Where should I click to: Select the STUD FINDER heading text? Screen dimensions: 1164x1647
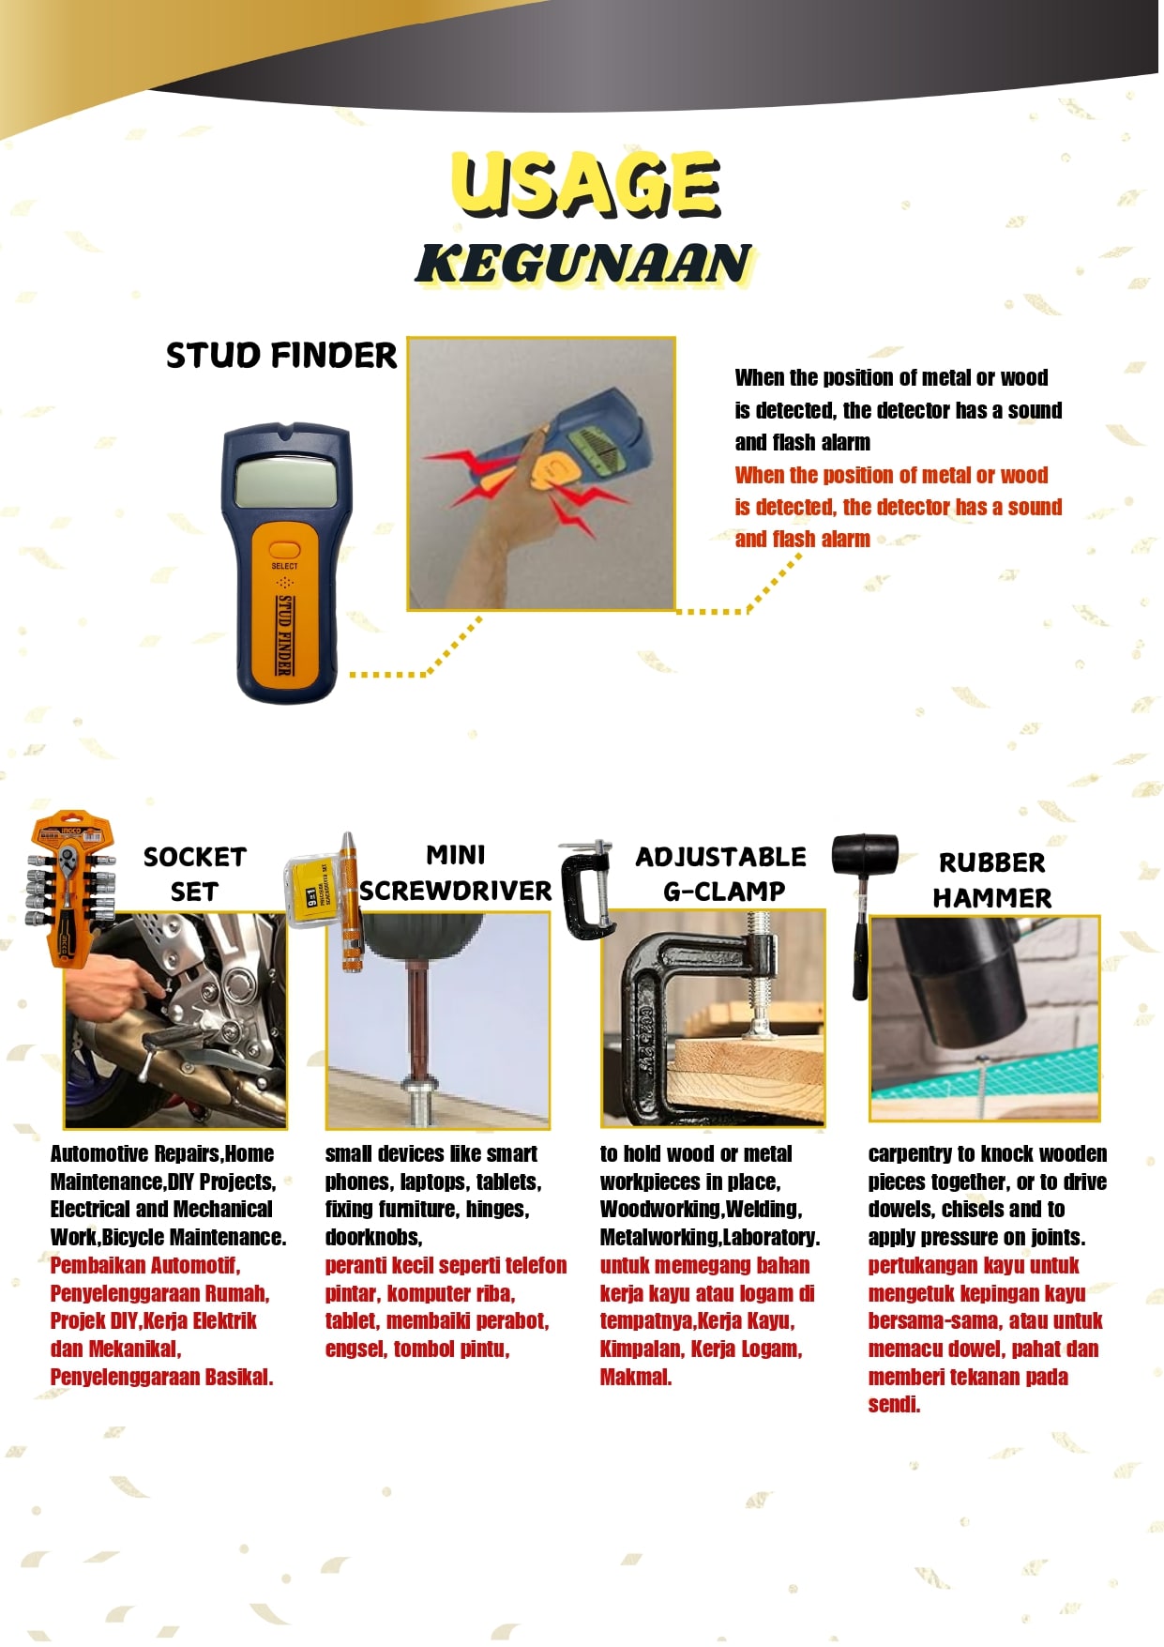pos(281,356)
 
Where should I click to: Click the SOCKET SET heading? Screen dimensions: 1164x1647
pos(195,874)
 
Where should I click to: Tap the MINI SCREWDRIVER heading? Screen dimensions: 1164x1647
pos(456,873)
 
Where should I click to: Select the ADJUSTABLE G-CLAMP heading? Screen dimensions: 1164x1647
pos(721,874)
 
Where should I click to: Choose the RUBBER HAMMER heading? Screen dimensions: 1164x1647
pos(991,880)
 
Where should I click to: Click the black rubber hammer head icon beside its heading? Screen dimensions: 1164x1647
pos(865,853)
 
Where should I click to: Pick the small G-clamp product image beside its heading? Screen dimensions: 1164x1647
pos(588,890)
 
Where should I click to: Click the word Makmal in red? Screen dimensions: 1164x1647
pos(636,1378)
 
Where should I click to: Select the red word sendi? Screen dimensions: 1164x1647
pos(894,1405)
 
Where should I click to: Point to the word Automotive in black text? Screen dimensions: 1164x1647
pos(99,1153)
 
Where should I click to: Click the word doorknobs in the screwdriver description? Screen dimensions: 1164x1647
pos(373,1237)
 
